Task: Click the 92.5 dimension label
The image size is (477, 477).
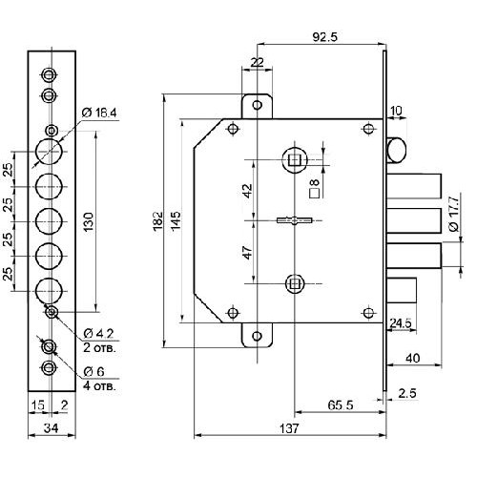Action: coord(324,37)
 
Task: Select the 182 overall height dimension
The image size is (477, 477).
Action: coord(158,220)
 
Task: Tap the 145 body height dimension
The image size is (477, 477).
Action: coord(176,220)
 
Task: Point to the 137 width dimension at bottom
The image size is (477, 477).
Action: coord(289,428)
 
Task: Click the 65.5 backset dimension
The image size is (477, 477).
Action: coord(341,405)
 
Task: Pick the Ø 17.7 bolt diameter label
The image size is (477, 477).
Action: coord(454,214)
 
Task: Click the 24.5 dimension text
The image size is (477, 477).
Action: coord(401,323)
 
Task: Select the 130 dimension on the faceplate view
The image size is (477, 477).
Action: coord(89,221)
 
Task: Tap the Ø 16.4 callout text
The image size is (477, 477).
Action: coord(99,113)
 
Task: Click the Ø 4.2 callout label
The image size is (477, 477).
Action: coord(98,334)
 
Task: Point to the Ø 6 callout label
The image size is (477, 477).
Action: coord(93,371)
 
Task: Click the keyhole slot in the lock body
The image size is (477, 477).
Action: coord(295,220)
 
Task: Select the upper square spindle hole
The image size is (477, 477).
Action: coord(295,160)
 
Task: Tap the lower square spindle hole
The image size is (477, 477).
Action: coord(295,283)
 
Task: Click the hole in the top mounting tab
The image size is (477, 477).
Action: coord(257,105)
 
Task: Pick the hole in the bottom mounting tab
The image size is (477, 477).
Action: coord(257,336)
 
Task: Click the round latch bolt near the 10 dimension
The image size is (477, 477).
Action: coord(396,150)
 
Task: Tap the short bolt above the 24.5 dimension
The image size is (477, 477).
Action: coord(402,290)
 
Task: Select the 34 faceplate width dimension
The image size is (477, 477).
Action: coord(51,428)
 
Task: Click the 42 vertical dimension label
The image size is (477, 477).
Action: coord(248,190)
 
